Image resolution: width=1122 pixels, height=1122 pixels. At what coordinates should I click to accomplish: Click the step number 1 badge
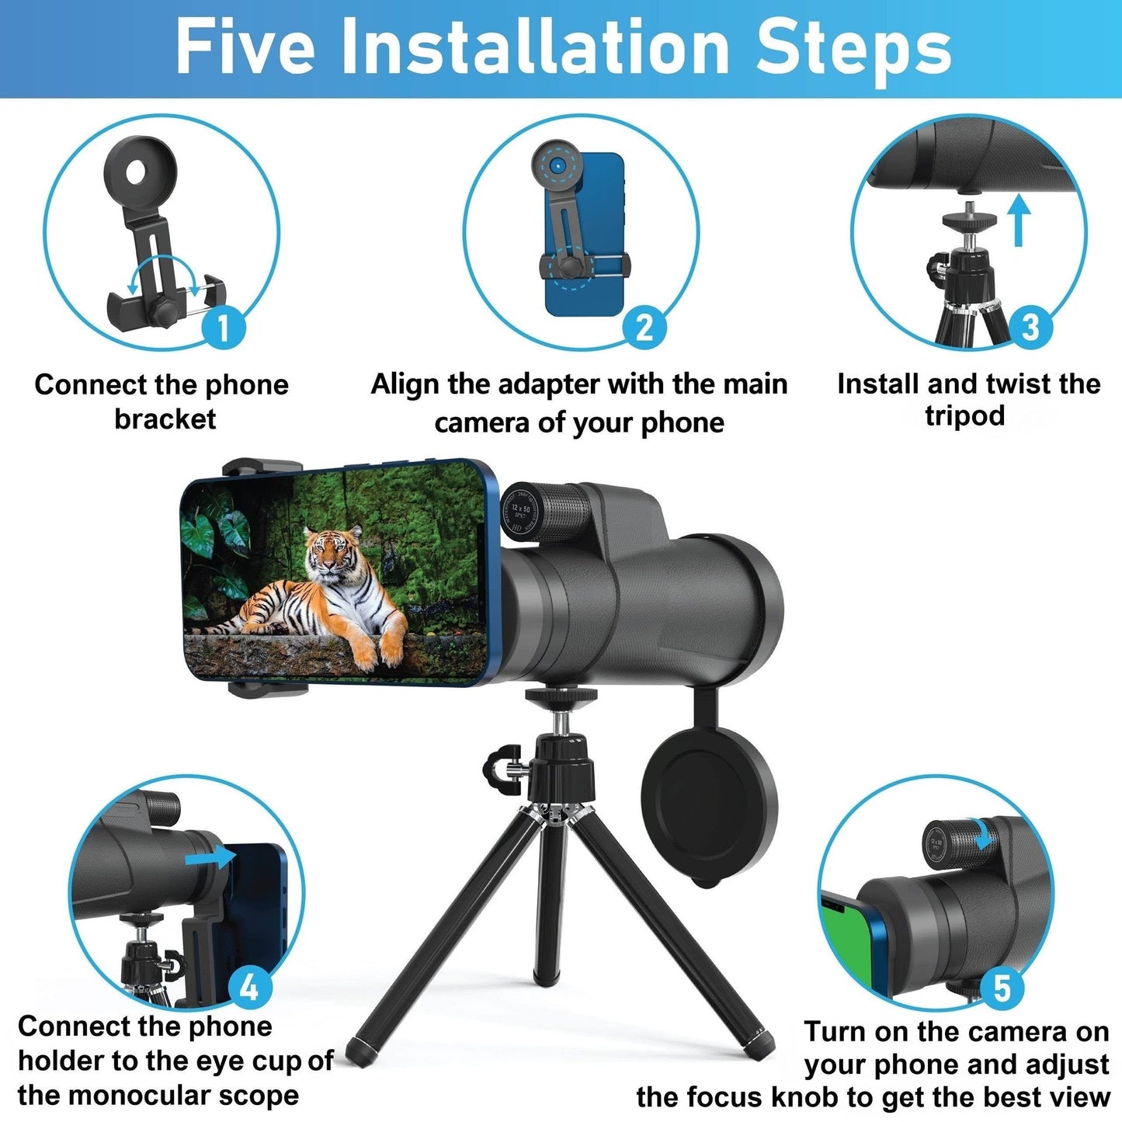pos(224,327)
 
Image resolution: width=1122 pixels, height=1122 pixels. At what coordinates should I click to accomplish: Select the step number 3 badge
pos(1030,327)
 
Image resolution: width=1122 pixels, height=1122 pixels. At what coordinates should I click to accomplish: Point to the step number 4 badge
pos(249,988)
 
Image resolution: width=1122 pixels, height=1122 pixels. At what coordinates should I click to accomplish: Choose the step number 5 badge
pos(1002,988)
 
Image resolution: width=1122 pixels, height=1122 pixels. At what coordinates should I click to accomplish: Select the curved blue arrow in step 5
pos(985,835)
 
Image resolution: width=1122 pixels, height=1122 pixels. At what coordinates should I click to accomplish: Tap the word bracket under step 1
pos(165,419)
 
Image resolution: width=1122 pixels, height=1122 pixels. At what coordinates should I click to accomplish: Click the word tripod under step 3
pos(964,416)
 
